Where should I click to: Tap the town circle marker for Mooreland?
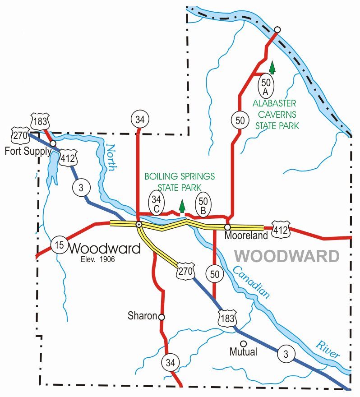click(x=228, y=227)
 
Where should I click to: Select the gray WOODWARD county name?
click(x=287, y=256)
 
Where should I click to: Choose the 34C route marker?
click(x=156, y=204)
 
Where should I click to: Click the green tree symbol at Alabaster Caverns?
click(x=272, y=68)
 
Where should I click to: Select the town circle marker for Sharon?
click(x=162, y=317)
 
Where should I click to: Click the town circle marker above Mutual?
click(x=243, y=343)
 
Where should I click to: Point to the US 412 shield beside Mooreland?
click(x=280, y=231)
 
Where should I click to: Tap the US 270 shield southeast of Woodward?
click(x=184, y=271)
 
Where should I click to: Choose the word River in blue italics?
click(x=327, y=350)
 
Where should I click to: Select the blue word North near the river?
click(x=111, y=158)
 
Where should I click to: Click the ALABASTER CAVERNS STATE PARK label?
click(x=276, y=115)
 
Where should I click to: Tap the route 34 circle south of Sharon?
click(x=170, y=362)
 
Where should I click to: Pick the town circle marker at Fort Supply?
click(x=53, y=143)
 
